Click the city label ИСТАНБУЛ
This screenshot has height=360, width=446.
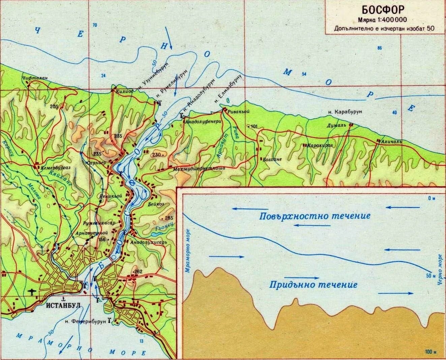[x=63, y=305]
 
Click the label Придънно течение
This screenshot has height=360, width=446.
[x=313, y=285]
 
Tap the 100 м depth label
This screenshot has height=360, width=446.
[x=430, y=352]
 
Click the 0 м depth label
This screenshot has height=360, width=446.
[x=432, y=199]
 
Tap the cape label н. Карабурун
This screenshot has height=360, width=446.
[x=346, y=112]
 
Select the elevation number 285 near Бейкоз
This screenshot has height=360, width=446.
[x=169, y=218]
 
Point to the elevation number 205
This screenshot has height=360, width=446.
[x=54, y=107]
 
